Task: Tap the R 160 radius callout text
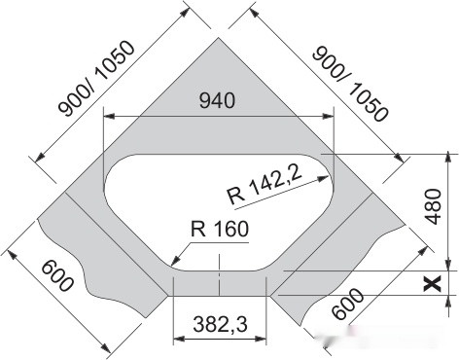click(x=219, y=231)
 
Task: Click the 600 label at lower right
click(x=348, y=303)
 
